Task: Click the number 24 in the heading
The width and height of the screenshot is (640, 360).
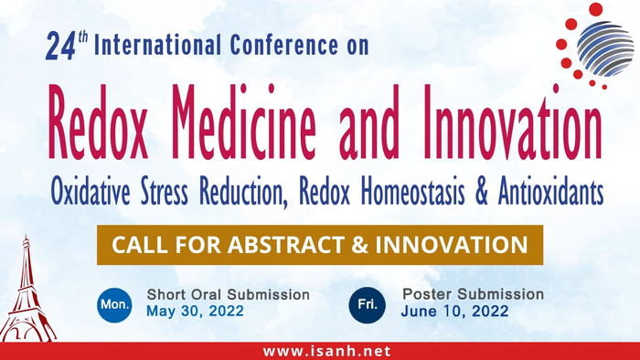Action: coord(61,47)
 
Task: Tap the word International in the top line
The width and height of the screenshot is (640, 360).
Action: coord(157,45)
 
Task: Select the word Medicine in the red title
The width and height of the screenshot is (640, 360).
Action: coord(244,122)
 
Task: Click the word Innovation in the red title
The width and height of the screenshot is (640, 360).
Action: coord(512,122)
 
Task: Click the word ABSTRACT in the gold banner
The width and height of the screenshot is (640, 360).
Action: coord(286,245)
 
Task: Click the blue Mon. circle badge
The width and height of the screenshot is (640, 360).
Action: coord(114,305)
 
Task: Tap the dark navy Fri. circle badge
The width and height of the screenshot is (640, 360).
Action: coord(368,305)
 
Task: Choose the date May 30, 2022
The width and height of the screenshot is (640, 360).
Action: coord(195,311)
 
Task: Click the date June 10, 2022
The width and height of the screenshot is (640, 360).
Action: coord(454,311)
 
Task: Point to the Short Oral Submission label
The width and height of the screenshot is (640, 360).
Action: coord(229,294)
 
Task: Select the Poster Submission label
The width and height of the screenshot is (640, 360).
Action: coord(473,293)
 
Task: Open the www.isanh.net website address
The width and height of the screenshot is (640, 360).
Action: coord(327,351)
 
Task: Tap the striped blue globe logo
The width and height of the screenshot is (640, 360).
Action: coord(605,48)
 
